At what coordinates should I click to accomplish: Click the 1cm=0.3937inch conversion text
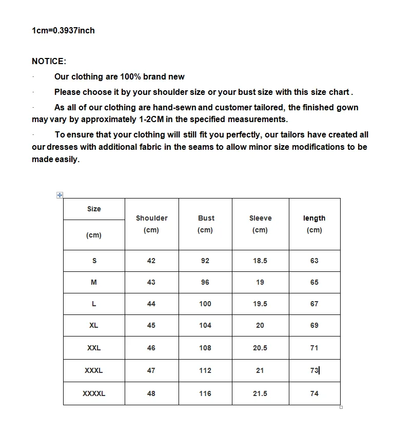click(63, 30)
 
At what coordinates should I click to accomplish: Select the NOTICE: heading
click(49, 61)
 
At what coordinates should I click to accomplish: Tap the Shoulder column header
click(151, 218)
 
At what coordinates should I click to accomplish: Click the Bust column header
click(206, 218)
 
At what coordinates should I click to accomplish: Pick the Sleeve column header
click(260, 218)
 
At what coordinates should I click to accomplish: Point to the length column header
click(314, 218)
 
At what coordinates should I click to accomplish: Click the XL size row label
click(93, 325)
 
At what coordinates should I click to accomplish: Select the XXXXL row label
click(94, 393)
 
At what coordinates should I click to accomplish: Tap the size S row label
click(94, 261)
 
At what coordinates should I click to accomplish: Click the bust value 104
click(205, 325)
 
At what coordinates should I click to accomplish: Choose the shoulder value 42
click(151, 261)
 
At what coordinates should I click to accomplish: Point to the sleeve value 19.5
click(260, 304)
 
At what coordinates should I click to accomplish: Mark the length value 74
click(314, 393)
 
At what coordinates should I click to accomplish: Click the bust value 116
click(205, 393)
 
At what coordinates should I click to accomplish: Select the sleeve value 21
click(260, 370)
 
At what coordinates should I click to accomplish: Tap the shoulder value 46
click(151, 348)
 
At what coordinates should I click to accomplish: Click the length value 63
click(314, 261)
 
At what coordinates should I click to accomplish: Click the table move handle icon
click(60, 195)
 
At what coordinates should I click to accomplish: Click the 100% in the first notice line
click(130, 77)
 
